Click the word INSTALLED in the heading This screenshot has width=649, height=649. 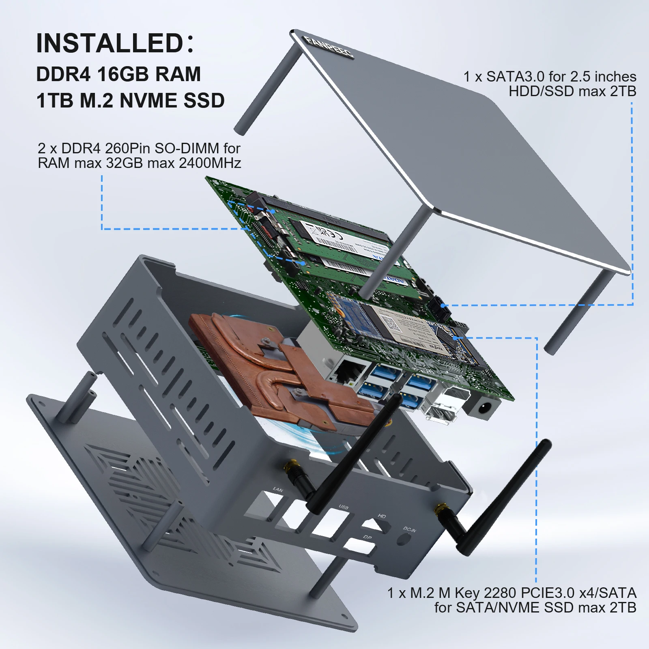[x=110, y=43]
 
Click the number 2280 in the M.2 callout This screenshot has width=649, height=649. [x=500, y=593]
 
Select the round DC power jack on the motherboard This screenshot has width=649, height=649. [x=484, y=408]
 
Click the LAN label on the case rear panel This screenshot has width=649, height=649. [x=278, y=490]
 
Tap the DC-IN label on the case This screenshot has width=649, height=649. [x=409, y=529]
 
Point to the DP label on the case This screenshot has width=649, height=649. [x=367, y=537]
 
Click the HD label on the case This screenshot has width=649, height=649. [x=382, y=516]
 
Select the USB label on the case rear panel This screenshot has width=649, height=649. [x=343, y=507]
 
